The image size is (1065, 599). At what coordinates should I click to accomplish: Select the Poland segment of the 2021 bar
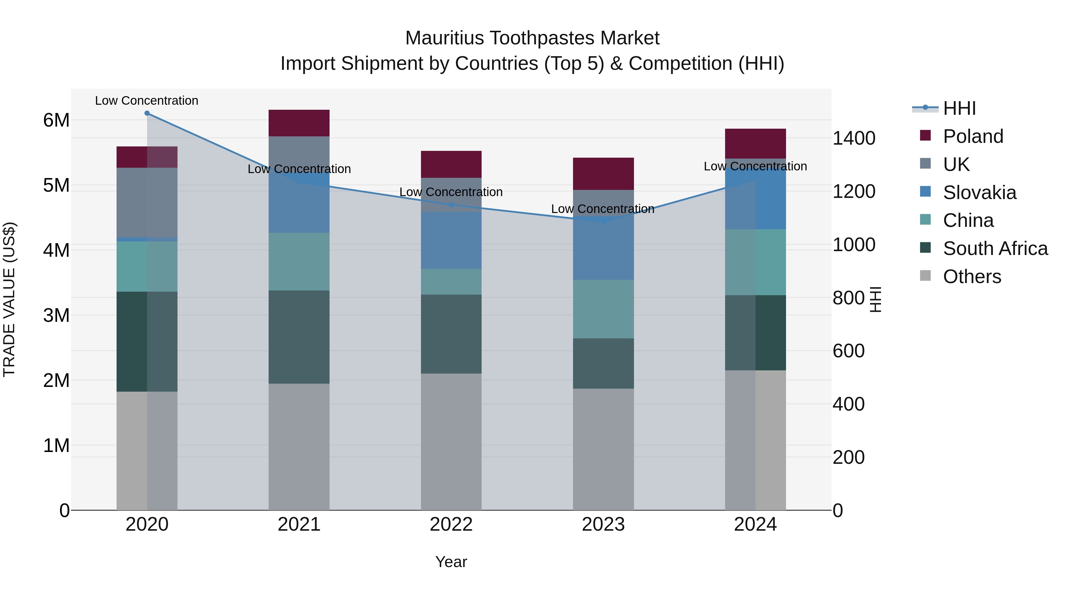[299, 123]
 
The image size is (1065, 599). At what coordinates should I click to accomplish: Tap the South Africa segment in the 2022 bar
[451, 334]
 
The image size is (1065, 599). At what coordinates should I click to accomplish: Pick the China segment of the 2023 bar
[603, 309]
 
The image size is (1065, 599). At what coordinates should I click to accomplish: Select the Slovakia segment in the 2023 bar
[603, 248]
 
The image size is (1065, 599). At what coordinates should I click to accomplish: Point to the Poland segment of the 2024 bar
[755, 143]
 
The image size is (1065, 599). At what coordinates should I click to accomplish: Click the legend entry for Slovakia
[979, 193]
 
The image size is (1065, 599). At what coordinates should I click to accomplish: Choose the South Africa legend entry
[995, 248]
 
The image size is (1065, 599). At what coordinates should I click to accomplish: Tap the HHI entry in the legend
[959, 108]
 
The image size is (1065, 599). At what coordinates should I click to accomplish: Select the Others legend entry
[972, 277]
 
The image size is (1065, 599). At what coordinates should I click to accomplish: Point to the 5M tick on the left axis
[56, 185]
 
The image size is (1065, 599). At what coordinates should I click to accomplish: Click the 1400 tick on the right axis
[853, 138]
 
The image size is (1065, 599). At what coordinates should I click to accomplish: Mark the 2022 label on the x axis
[451, 524]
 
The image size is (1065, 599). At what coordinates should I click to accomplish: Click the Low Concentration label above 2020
[147, 101]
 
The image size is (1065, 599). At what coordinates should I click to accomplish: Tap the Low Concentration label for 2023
[603, 209]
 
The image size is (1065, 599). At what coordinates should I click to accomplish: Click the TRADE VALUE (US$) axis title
[9, 299]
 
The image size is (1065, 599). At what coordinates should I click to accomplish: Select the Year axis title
[451, 562]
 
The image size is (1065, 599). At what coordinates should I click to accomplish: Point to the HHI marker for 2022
[451, 205]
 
